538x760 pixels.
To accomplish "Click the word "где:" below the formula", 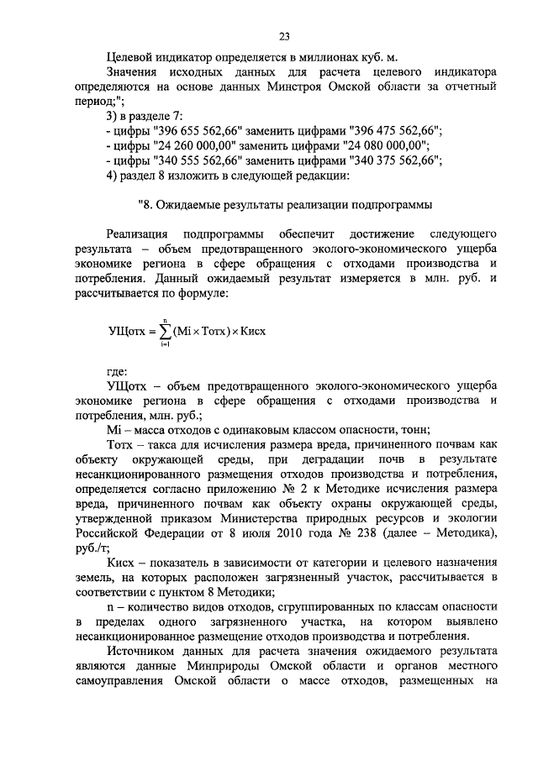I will (117, 370).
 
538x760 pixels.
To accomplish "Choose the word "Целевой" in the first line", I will (131, 57).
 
